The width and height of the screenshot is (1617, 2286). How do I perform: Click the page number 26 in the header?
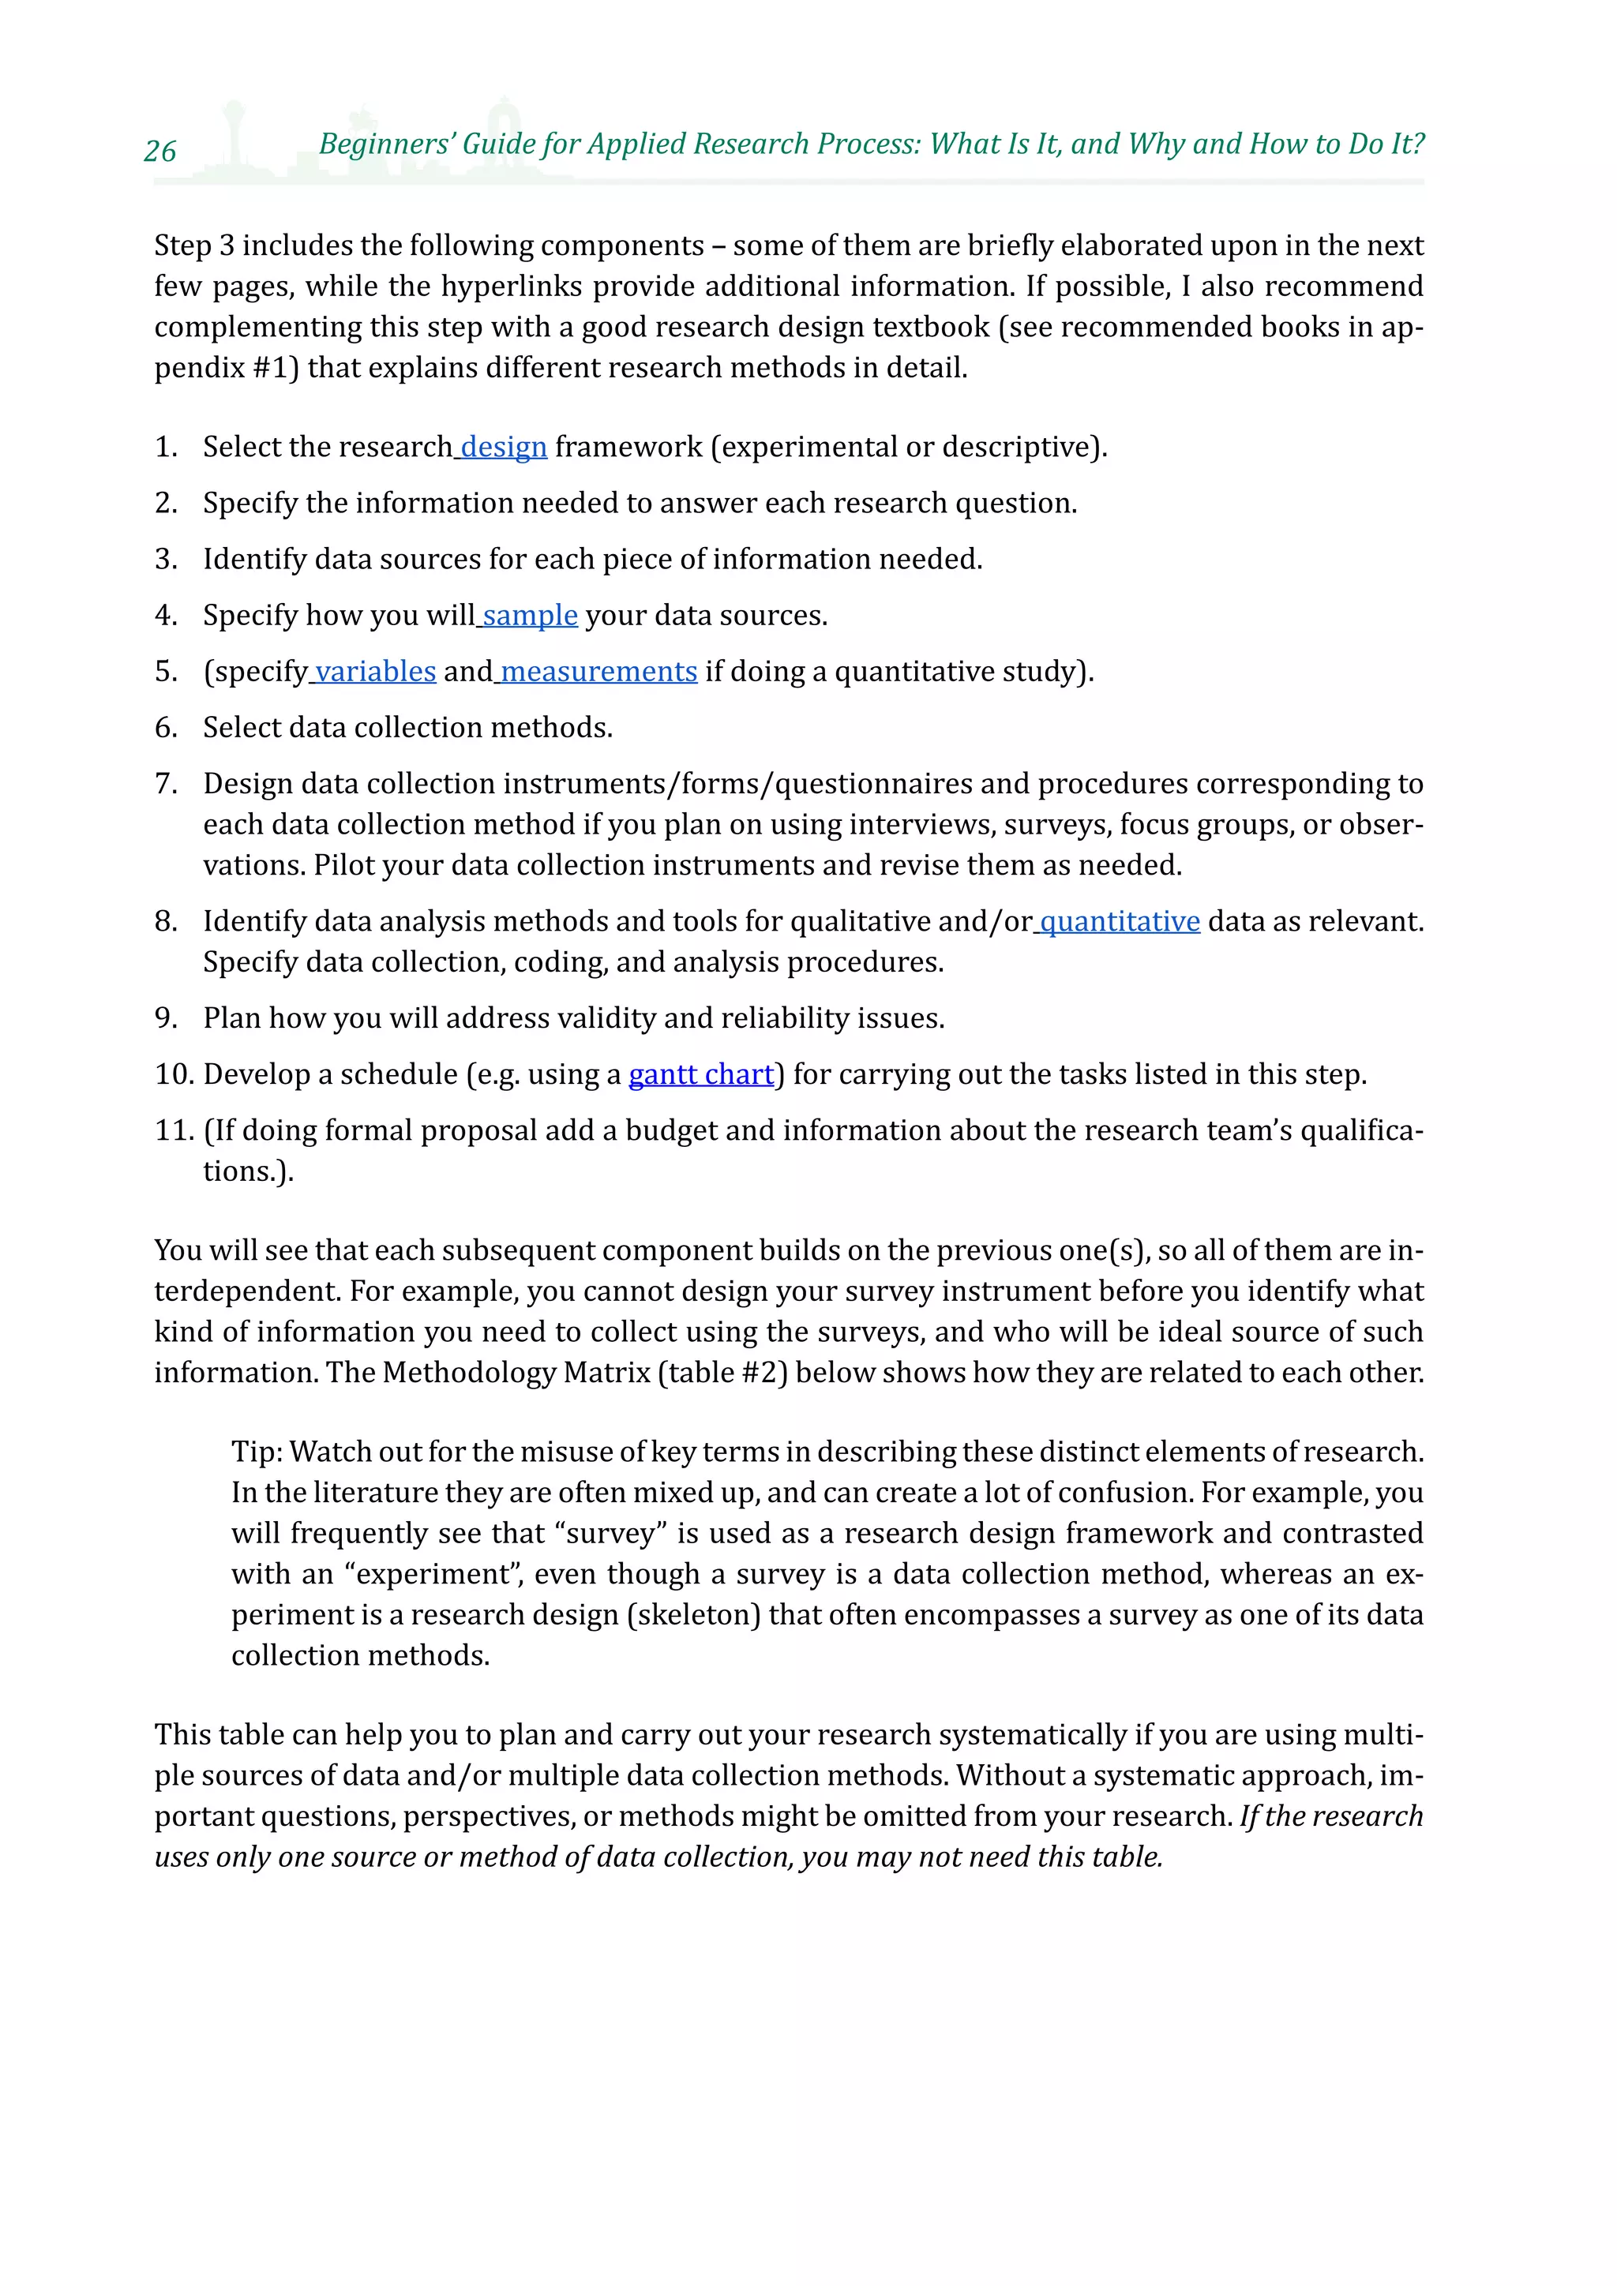point(160,152)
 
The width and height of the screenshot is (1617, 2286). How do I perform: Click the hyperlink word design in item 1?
point(504,447)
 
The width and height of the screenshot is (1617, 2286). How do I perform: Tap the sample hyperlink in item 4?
point(530,615)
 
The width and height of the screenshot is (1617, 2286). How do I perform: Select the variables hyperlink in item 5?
point(375,672)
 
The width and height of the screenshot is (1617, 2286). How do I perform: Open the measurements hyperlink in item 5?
point(598,672)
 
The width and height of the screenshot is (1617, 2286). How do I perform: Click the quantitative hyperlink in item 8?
point(1119,922)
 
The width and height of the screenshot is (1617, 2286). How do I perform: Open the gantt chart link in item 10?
point(701,1074)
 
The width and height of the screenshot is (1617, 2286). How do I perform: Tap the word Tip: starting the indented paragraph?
point(258,1452)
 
